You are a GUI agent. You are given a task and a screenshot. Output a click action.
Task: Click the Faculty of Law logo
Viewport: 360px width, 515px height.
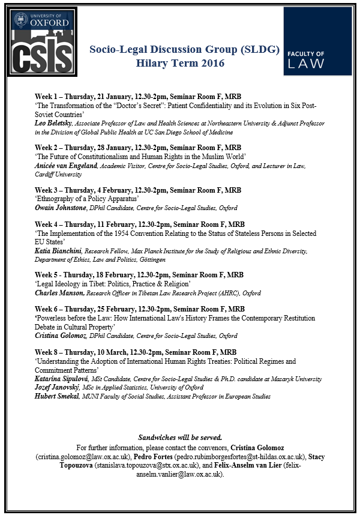pyautogui.click(x=317, y=41)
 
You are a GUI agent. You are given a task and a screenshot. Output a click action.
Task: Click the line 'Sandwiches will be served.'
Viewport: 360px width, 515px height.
pyautogui.click(x=180, y=437)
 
